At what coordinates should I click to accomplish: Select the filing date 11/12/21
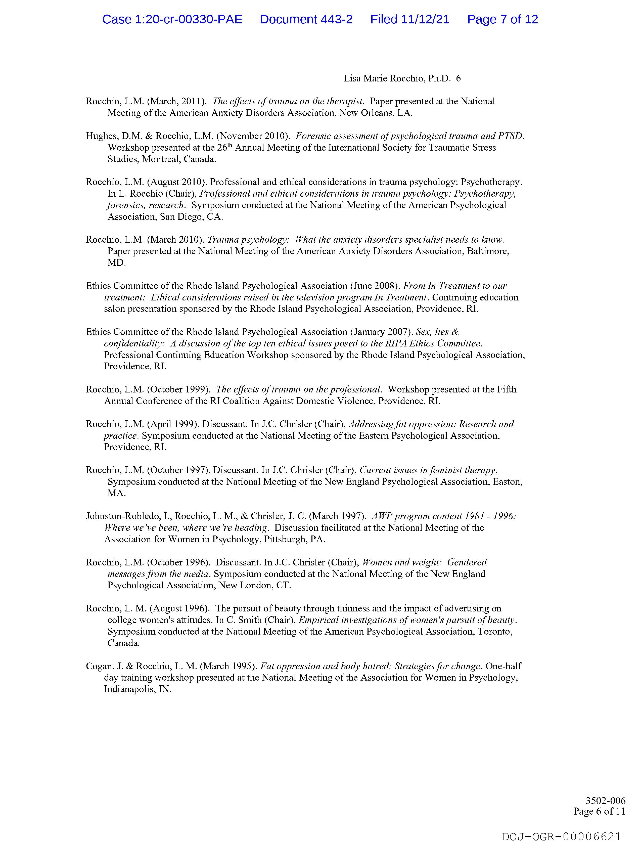click(x=425, y=19)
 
